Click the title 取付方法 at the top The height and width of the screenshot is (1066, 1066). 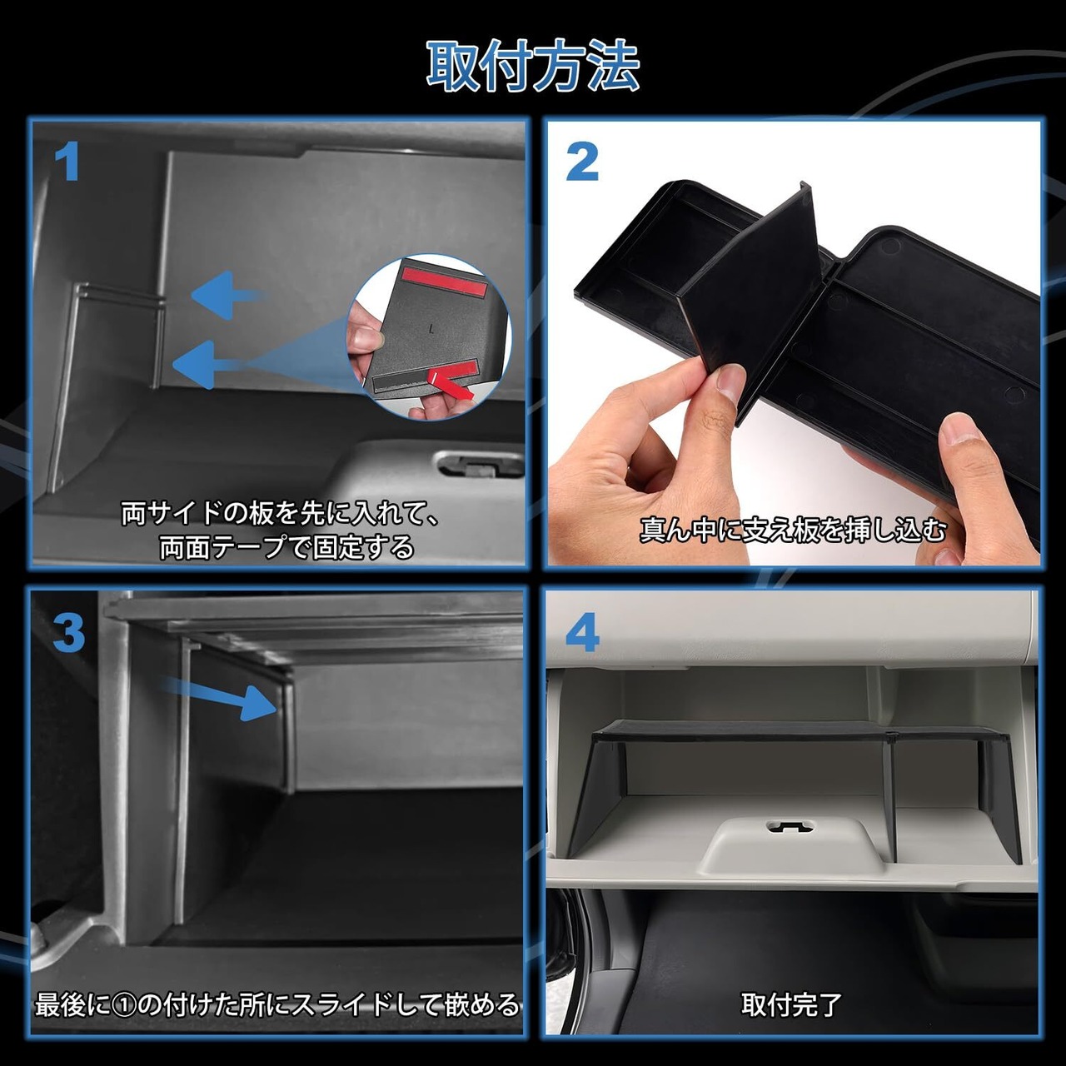tap(533, 67)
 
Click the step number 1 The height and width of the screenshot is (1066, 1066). tap(67, 162)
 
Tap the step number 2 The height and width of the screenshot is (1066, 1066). tap(582, 162)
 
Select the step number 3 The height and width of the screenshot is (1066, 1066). tap(68, 634)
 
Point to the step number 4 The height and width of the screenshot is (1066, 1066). tap(582, 634)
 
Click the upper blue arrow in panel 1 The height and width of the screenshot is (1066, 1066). tap(228, 294)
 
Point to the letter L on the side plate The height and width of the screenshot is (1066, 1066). tap(431, 330)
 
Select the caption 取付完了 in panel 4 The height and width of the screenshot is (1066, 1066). tap(791, 1004)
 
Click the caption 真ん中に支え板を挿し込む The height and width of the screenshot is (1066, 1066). tap(792, 530)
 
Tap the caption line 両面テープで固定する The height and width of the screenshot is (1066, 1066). tap(286, 547)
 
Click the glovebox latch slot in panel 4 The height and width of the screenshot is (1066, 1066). tap(790, 827)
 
